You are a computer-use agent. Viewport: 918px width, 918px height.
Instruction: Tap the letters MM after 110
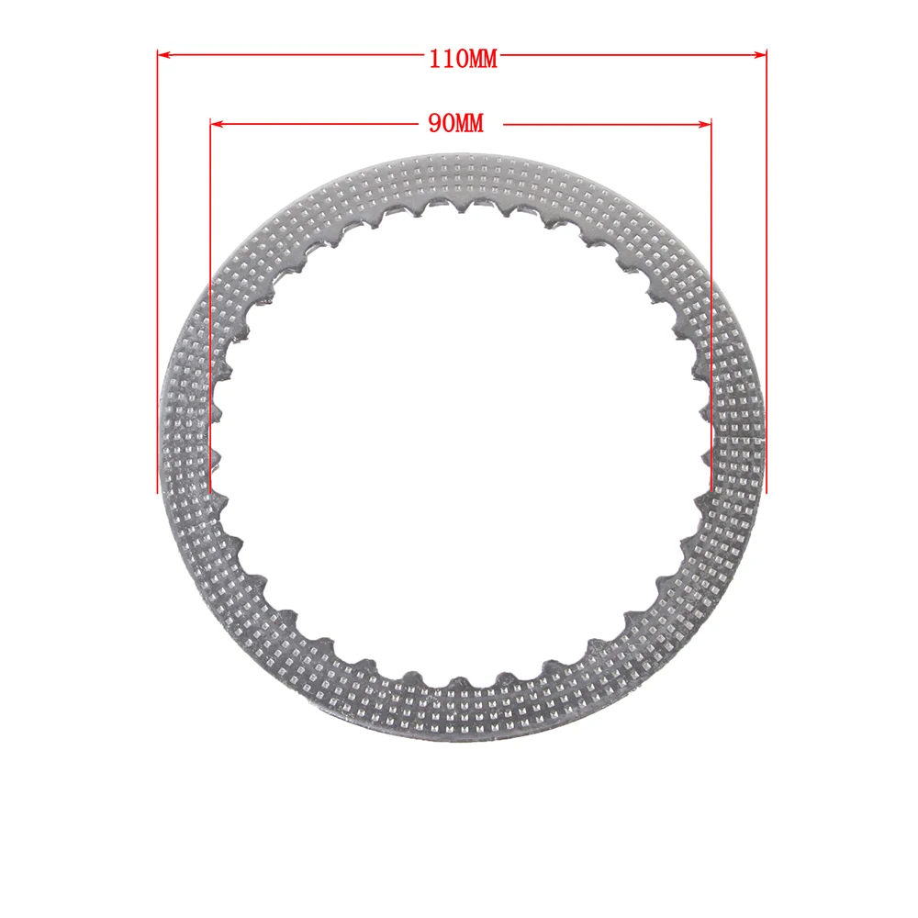point(479,59)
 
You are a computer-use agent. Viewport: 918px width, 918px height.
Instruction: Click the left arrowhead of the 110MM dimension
point(162,55)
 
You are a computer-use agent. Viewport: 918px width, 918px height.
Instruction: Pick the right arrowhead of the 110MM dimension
point(761,55)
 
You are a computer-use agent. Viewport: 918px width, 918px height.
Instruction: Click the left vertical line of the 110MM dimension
point(158,275)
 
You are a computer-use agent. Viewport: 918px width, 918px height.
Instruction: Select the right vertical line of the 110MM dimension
point(766,275)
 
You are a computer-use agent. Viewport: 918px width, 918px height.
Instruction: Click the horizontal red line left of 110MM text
point(294,55)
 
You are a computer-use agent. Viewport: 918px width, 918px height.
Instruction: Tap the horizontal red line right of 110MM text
point(633,55)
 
